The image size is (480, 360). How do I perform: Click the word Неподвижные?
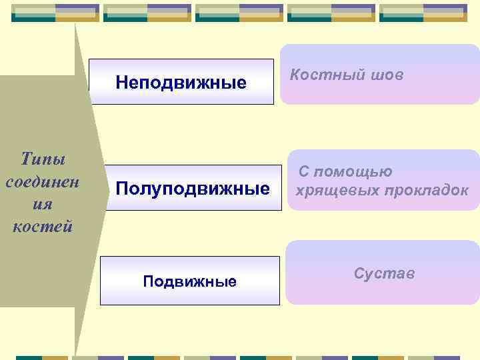point(181,83)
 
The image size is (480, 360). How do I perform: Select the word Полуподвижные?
point(193,189)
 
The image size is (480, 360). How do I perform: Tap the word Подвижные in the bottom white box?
point(190,281)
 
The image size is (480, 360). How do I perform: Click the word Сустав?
point(385,273)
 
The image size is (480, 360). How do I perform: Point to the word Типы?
point(43,160)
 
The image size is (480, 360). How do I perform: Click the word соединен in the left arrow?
point(42,181)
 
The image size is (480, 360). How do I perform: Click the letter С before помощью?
point(303,172)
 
